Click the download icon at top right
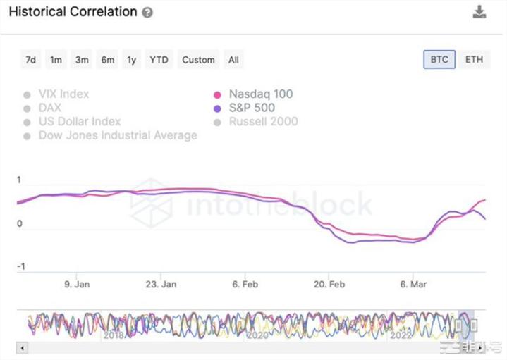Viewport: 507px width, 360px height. [479, 12]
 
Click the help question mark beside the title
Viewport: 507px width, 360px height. [147, 13]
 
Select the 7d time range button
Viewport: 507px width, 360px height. [30, 60]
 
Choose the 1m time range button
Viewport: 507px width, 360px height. [56, 60]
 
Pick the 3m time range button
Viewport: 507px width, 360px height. [82, 60]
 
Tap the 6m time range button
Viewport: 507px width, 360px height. [107, 60]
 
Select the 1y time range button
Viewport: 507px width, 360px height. [131, 60]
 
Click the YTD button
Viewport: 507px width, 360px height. [159, 60]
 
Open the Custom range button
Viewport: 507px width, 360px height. [198, 60]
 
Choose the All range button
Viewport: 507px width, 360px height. [233, 60]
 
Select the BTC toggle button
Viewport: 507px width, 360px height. [439, 59]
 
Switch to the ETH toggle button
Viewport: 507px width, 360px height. [474, 59]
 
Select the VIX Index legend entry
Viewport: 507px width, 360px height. [63, 94]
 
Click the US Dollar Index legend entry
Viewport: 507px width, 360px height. [79, 121]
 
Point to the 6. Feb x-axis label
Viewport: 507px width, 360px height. [245, 285]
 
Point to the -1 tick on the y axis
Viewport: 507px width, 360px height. [20, 266]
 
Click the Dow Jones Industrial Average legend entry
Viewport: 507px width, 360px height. [117, 135]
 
